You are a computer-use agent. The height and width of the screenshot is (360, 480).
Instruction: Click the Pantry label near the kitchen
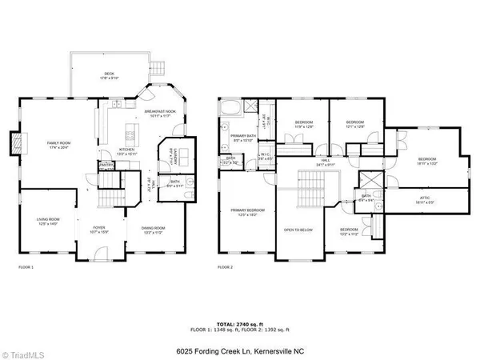point(106,166)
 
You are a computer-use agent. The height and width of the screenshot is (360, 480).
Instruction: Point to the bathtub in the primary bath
point(231,108)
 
